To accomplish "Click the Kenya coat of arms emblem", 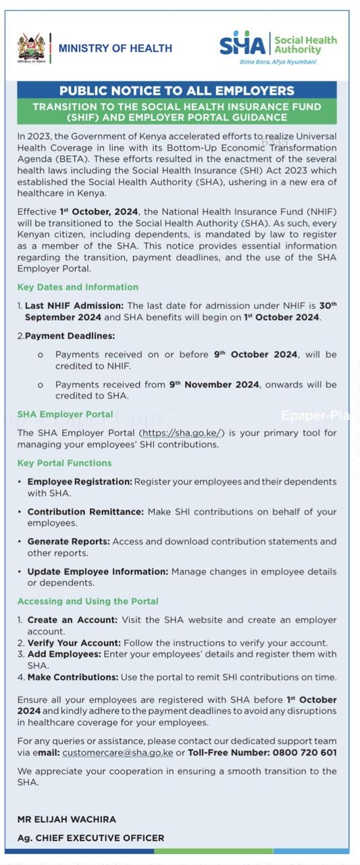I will point(31,47).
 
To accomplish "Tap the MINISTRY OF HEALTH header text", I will point(115,48).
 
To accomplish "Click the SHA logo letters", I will point(242,45).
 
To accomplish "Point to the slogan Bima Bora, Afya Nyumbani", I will point(278,61).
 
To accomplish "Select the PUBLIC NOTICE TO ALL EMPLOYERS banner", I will point(176,91).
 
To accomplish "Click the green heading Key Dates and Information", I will point(78,287).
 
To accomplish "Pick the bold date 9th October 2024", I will point(255,354).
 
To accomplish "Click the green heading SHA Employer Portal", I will point(65,414).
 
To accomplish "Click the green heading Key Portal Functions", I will point(64,463).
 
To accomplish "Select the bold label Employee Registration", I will point(80,482).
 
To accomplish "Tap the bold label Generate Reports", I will point(68,541).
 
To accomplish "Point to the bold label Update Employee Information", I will point(98,571).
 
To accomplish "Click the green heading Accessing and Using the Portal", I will point(88,601).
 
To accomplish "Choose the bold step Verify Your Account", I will point(74,643).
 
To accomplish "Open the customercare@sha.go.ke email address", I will point(118,752).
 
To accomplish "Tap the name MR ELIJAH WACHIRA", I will point(66,819).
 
